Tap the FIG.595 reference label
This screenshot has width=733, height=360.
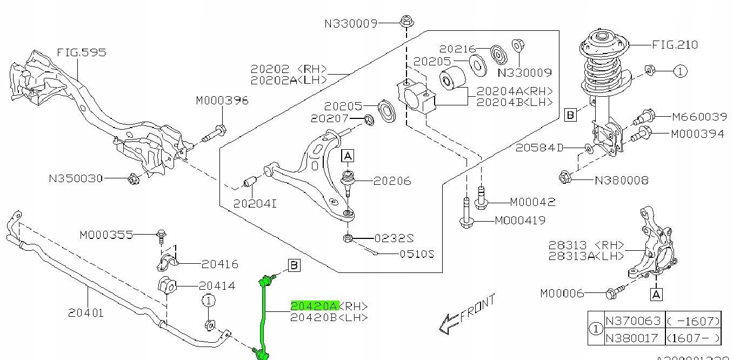[81, 52]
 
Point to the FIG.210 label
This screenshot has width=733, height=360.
[675, 45]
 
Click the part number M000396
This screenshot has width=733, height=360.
[222, 101]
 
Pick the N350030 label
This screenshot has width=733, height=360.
[76, 178]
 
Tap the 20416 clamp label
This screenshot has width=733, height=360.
[220, 264]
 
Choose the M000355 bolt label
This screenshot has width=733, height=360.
[106, 235]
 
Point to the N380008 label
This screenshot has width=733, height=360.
[622, 180]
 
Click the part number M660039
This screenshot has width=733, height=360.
[699, 117]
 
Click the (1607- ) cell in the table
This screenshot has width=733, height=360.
[693, 338]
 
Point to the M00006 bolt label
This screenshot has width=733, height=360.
[562, 293]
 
